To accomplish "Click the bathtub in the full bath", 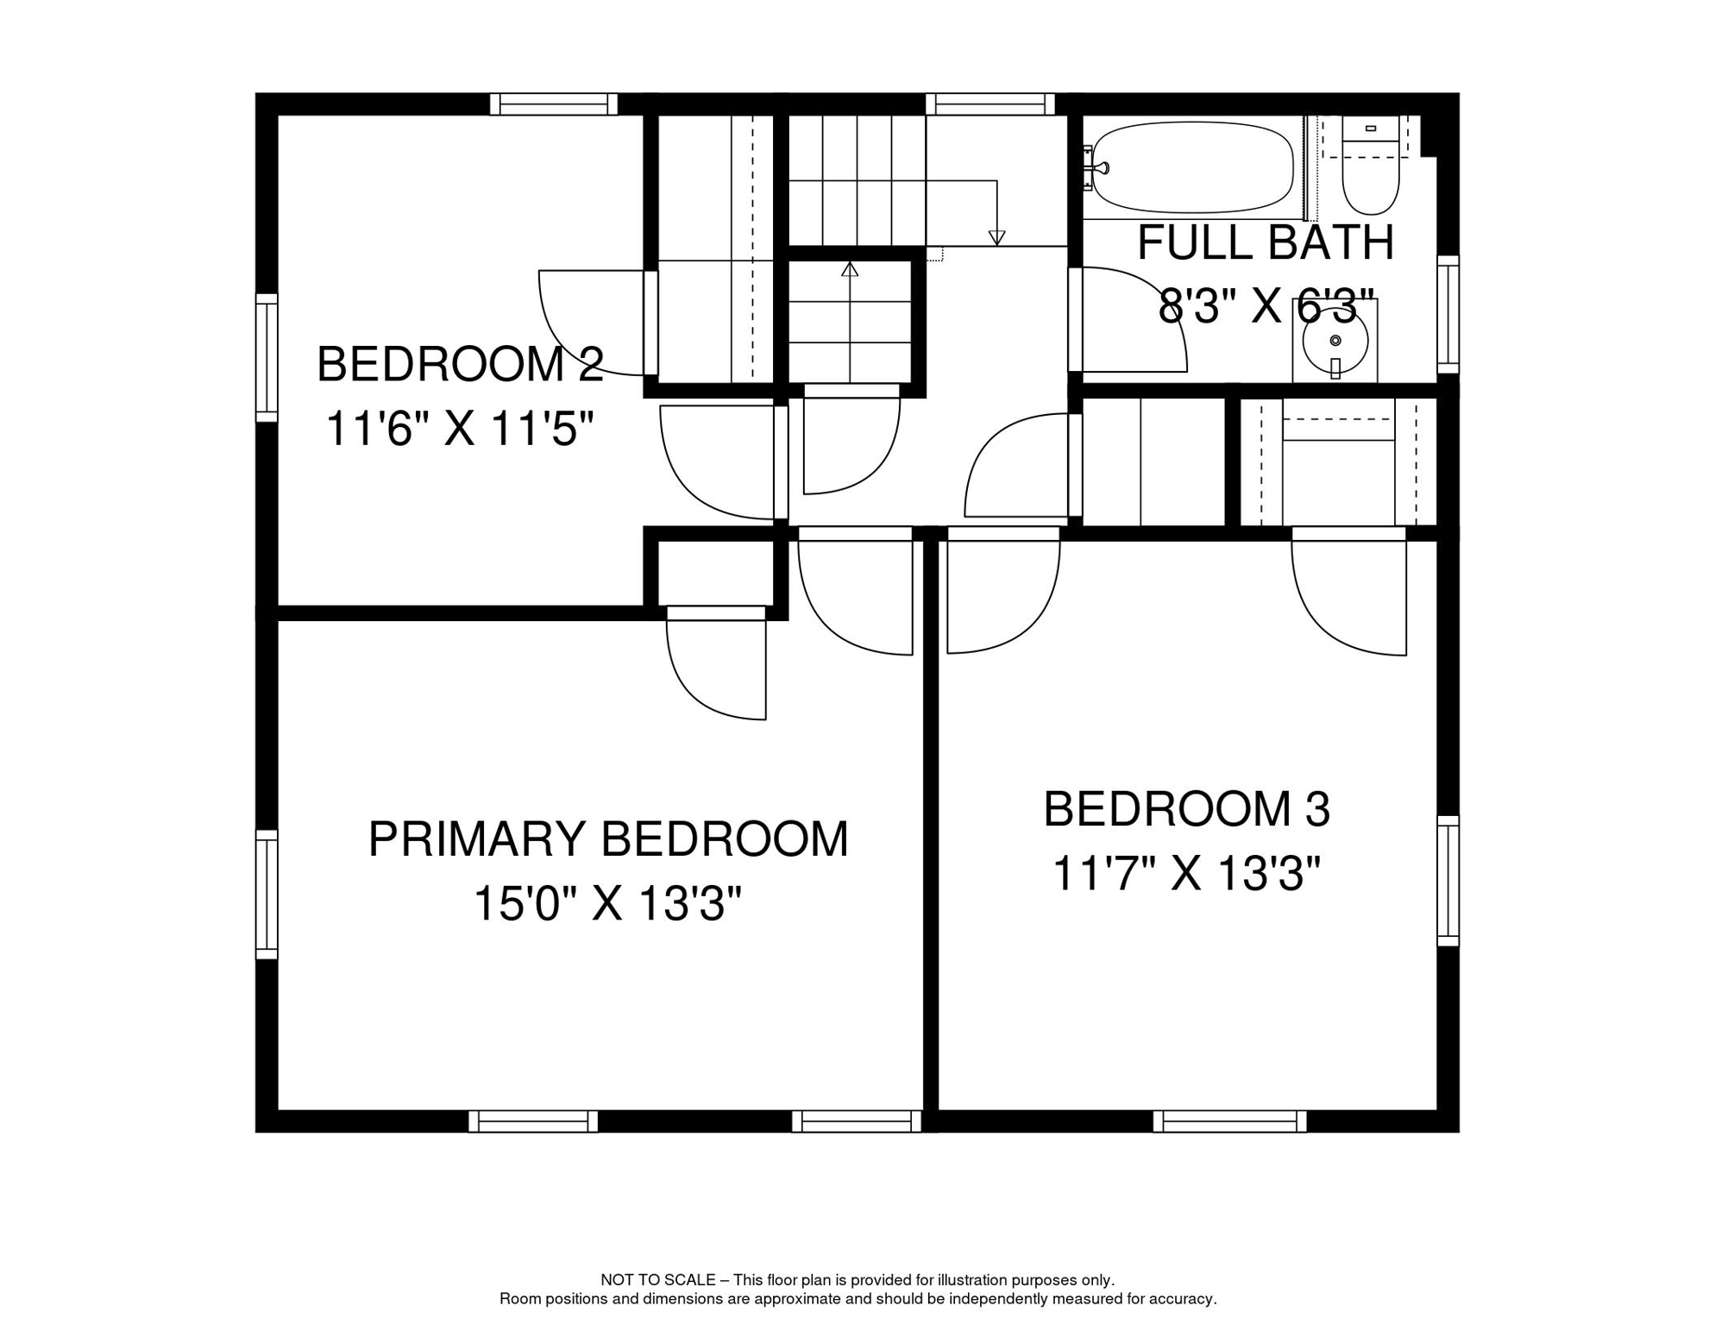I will pyautogui.click(x=1193, y=167).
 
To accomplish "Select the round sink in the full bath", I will pyautogui.click(x=1335, y=341).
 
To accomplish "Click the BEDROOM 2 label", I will pyautogui.click(x=460, y=364).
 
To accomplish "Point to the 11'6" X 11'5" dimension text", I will pyautogui.click(x=460, y=429).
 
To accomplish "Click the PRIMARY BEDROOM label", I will pyautogui.click(x=608, y=839).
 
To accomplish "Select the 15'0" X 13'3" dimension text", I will pyautogui.click(x=607, y=904).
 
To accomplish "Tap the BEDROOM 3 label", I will pyautogui.click(x=1186, y=809).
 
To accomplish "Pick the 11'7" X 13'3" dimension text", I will pyautogui.click(x=1186, y=874).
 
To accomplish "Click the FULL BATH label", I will pyautogui.click(x=1266, y=242).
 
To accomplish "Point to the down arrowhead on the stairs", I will pyautogui.click(x=996, y=237).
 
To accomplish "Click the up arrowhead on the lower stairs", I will pyautogui.click(x=850, y=270).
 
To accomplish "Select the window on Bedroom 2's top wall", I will pyautogui.click(x=554, y=104).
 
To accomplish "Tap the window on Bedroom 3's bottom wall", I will pyautogui.click(x=1229, y=1121).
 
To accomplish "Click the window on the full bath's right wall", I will pyautogui.click(x=1448, y=315).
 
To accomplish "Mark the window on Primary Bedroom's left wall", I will pyautogui.click(x=267, y=895).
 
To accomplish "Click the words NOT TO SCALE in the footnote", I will pyautogui.click(x=657, y=1280).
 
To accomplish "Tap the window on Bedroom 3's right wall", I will pyautogui.click(x=1448, y=881).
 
